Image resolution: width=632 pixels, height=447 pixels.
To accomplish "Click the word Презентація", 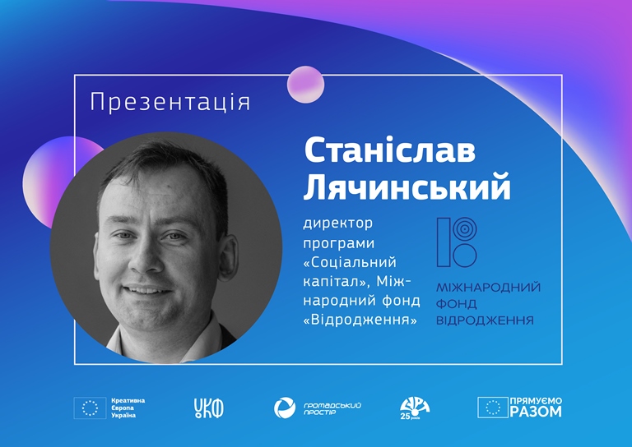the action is (x=170, y=102).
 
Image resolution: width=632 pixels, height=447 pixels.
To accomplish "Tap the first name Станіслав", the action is (x=390, y=150).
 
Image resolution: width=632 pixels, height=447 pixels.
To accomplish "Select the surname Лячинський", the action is (x=407, y=187).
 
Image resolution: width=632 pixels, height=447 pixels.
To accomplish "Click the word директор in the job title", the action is (x=337, y=223).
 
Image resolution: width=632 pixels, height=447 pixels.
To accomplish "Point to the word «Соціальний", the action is (x=350, y=262).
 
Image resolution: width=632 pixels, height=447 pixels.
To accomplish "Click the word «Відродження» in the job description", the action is (x=360, y=320).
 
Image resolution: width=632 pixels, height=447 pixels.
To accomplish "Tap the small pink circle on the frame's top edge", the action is (x=305, y=85).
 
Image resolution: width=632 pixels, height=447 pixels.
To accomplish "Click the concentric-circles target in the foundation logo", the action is (x=465, y=230).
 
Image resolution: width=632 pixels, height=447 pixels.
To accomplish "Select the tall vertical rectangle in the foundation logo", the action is (x=444, y=242).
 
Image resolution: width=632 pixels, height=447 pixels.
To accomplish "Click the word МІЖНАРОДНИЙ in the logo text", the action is (x=489, y=288).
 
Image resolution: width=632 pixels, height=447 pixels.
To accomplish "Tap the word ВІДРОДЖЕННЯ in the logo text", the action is (x=485, y=320).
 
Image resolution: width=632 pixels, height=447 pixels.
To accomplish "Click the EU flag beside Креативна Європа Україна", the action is (x=90, y=408).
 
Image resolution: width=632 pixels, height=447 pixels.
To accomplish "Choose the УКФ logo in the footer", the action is (x=209, y=408).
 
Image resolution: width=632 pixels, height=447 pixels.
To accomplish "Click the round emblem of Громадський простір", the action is (x=285, y=408).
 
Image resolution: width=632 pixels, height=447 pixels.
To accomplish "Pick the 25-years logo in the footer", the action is (x=415, y=408).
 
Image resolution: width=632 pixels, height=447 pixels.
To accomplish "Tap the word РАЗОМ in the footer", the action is (x=536, y=412).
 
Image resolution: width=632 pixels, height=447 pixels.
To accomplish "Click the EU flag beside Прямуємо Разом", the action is (x=493, y=408).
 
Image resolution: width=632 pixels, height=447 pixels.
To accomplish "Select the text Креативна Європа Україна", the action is (x=128, y=408).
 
